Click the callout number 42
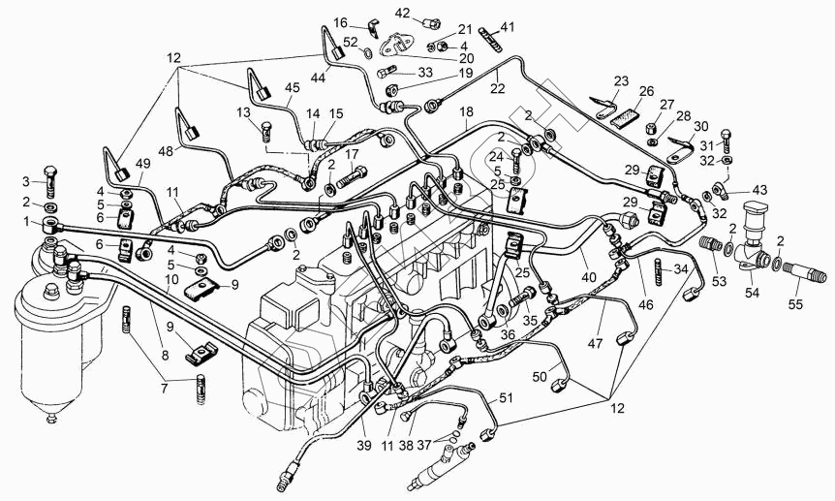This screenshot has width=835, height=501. [x=403, y=13]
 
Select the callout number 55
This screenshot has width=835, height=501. [x=796, y=304]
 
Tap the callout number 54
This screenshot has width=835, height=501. [x=752, y=293]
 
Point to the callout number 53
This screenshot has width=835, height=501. [x=720, y=281]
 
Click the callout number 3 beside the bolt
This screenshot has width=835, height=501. [x=25, y=182]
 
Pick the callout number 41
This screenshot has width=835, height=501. [x=508, y=26]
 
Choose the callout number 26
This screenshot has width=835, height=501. [x=646, y=91]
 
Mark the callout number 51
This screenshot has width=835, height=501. [x=506, y=398]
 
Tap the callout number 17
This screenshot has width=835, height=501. [x=351, y=155]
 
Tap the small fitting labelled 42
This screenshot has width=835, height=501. [x=432, y=23]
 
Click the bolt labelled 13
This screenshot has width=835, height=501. [x=267, y=131]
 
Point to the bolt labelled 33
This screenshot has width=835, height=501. [x=387, y=71]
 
